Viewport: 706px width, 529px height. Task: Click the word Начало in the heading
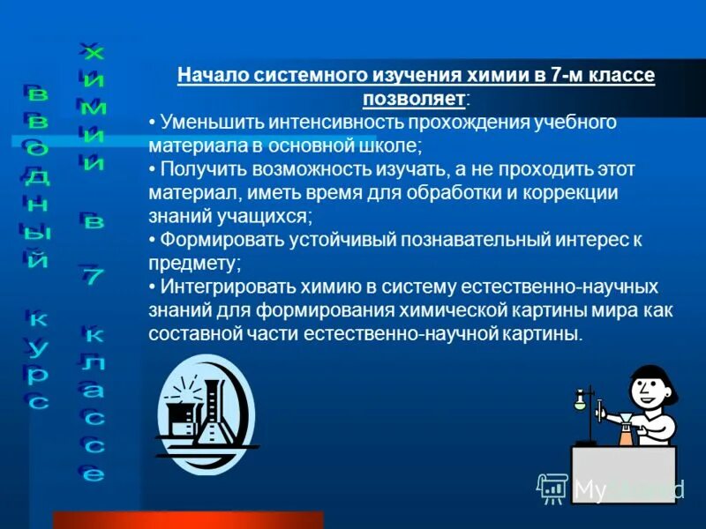pos(210,76)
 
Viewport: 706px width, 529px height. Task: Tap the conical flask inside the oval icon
pos(212,419)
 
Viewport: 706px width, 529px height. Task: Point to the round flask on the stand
pos(580,402)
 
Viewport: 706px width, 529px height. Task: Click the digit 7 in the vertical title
pos(94,277)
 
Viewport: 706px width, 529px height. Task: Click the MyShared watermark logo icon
pos(553,487)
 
